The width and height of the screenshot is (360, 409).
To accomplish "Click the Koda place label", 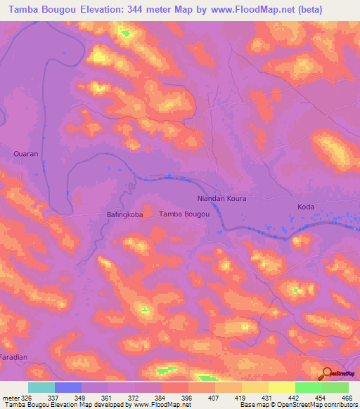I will click(x=305, y=207).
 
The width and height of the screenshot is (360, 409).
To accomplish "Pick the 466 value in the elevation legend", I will click(x=345, y=397).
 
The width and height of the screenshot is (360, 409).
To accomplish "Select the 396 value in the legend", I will click(x=186, y=397).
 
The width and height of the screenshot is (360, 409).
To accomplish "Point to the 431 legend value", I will click(x=266, y=397).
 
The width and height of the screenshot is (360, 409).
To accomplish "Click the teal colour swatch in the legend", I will click(x=41, y=387).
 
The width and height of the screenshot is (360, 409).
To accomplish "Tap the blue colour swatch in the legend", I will click(x=68, y=387).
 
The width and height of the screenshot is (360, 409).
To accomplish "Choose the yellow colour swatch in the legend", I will click(x=282, y=387).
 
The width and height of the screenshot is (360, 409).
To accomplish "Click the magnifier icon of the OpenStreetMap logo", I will click(x=326, y=373).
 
